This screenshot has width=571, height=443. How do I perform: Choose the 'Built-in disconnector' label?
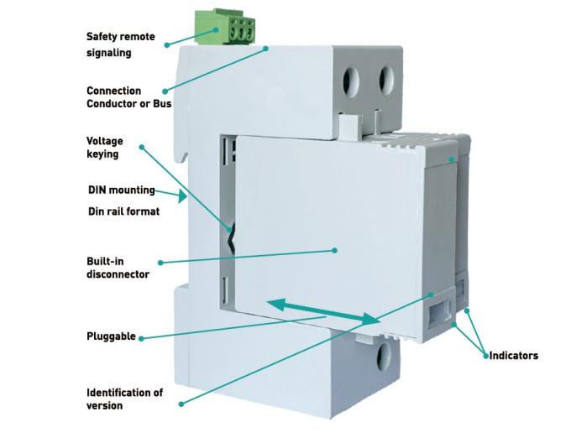pos(118,267)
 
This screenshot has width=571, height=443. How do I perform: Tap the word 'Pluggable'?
pos(111,336)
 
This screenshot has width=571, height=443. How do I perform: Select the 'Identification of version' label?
pos(125,399)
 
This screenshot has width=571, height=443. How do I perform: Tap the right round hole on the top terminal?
pos(387,81)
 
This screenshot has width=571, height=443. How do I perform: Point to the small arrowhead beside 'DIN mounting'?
pos(183,197)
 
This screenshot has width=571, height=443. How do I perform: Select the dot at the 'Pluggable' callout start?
pos(140,338)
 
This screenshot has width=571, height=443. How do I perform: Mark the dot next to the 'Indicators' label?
pos(485,356)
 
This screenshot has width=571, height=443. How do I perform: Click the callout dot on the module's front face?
pos(334,249)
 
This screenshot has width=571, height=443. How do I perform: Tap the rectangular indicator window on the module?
pos(437,314)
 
